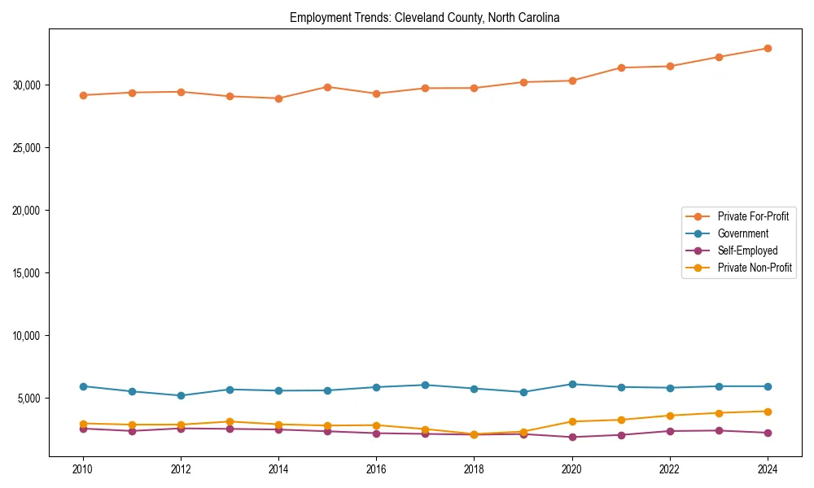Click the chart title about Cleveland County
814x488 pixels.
[x=424, y=17]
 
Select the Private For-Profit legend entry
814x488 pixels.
[x=753, y=216]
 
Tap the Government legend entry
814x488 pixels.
[x=742, y=233]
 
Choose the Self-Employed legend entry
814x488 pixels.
[x=747, y=251]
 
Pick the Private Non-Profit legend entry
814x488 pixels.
[x=755, y=268]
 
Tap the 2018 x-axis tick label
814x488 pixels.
[x=474, y=469]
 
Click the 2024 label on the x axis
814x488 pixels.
[x=768, y=469]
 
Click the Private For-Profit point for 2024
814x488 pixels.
[x=768, y=48]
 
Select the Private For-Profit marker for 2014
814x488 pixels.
[x=278, y=98]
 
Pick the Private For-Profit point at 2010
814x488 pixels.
[x=83, y=95]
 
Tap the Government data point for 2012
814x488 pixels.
[x=181, y=395]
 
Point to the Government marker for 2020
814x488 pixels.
[x=572, y=384]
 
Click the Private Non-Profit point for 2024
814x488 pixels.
[x=768, y=411]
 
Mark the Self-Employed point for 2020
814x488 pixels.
[x=572, y=437]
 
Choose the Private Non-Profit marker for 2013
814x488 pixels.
[x=230, y=421]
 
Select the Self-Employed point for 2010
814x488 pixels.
[x=83, y=429]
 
